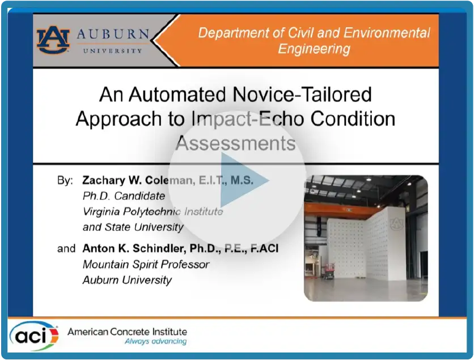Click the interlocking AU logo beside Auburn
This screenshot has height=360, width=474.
point(53,40)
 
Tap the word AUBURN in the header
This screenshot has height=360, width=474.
point(113,34)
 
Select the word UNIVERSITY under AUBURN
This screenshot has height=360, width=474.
point(112,51)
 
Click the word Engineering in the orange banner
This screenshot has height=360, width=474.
point(314,49)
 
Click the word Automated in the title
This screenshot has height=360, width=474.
point(177,94)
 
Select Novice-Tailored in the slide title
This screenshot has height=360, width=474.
point(302,94)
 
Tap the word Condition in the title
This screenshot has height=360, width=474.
point(353,118)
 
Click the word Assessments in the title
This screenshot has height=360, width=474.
point(235,143)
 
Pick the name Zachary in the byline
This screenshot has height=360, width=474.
point(104,180)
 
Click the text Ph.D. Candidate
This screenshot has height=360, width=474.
point(124,196)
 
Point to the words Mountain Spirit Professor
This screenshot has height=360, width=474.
point(146,265)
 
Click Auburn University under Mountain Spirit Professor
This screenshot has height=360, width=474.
point(127,280)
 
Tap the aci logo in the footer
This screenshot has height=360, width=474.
point(34,336)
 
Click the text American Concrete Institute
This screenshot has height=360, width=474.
point(127,332)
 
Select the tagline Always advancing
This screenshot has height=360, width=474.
point(156,341)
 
